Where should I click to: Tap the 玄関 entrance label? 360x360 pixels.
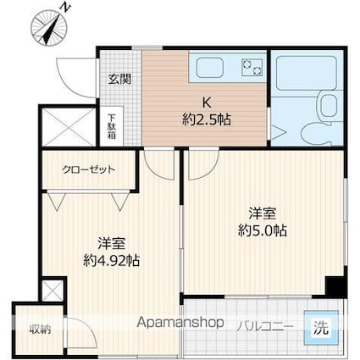[x=119, y=79]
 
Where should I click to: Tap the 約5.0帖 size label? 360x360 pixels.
[x=263, y=230]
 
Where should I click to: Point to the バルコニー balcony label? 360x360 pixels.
[x=265, y=324]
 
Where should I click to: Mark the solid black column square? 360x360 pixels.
[x=337, y=286]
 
